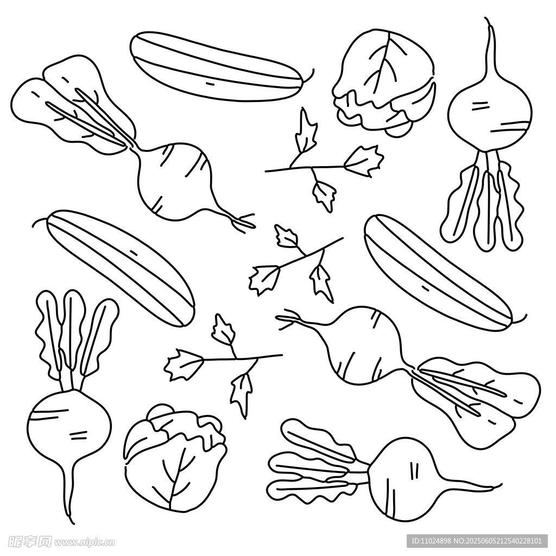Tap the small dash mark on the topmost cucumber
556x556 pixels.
pos(211,84)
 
